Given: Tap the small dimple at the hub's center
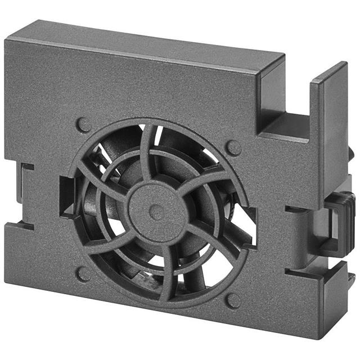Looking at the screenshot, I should (157, 212).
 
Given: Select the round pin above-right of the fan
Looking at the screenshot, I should (233, 148).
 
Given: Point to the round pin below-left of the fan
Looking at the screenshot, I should (83, 274).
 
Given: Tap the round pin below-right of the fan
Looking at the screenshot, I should (233, 300).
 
